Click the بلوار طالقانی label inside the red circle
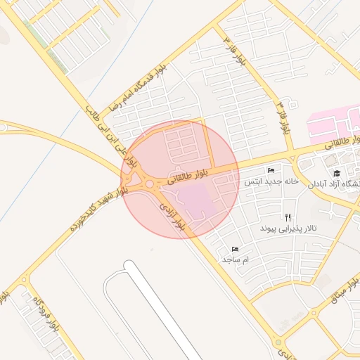click(x=188, y=176)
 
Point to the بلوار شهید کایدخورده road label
click(x=98, y=210)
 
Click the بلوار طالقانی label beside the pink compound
click(x=342, y=143)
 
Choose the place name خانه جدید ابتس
click(x=271, y=181)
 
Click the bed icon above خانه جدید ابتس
click(x=271, y=171)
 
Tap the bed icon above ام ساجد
click(x=235, y=249)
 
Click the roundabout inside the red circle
click(x=149, y=184)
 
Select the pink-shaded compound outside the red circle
click(x=333, y=124)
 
